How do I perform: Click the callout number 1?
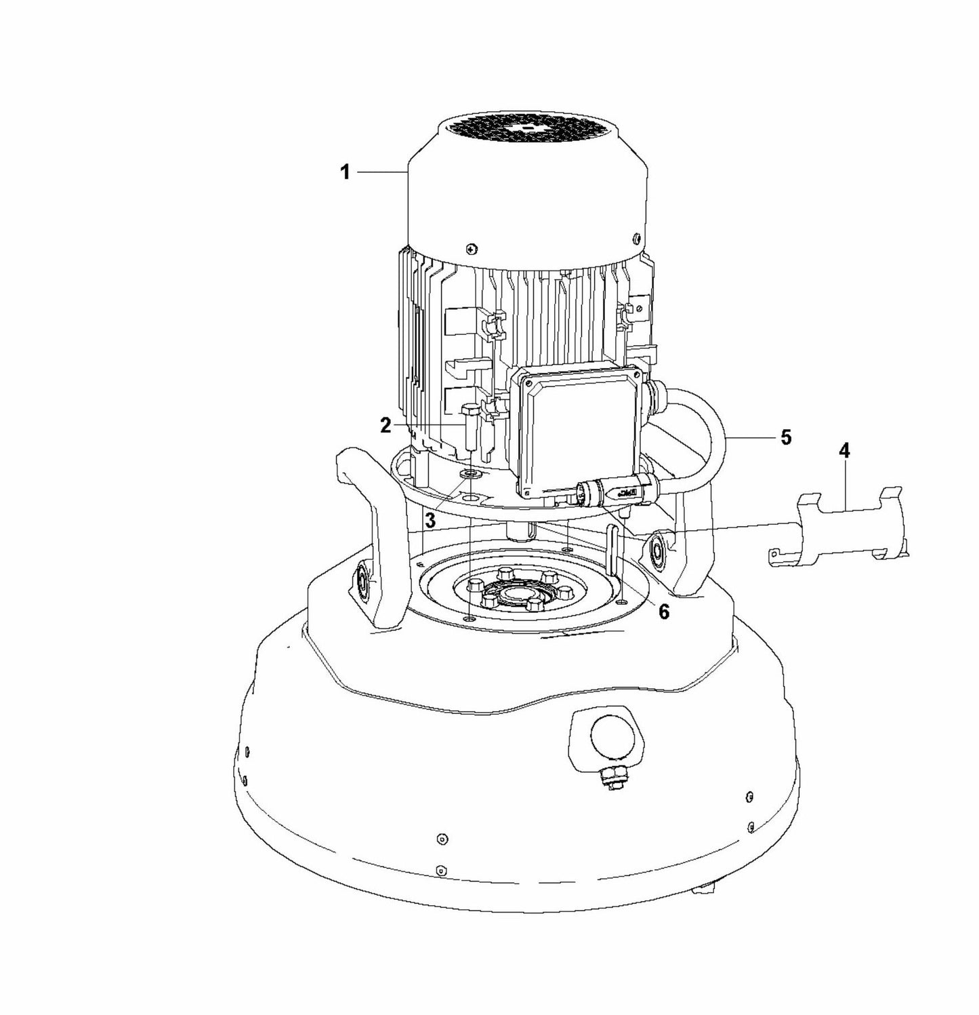[345, 173]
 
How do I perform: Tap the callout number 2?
[386, 425]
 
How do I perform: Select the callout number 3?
[430, 521]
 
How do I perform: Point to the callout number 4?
[845, 450]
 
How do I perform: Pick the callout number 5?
[786, 437]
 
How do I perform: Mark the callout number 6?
[663, 612]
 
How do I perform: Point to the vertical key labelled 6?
[613, 553]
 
